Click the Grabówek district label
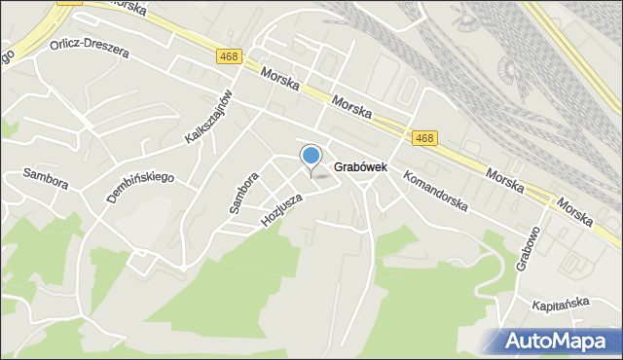(x=360, y=167)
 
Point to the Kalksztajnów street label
(x=211, y=117)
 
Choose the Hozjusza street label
(x=282, y=209)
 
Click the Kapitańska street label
(x=561, y=304)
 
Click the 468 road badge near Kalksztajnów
(x=230, y=57)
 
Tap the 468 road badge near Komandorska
(x=423, y=138)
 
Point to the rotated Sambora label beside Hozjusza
(x=243, y=193)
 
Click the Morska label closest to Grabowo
(x=574, y=211)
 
